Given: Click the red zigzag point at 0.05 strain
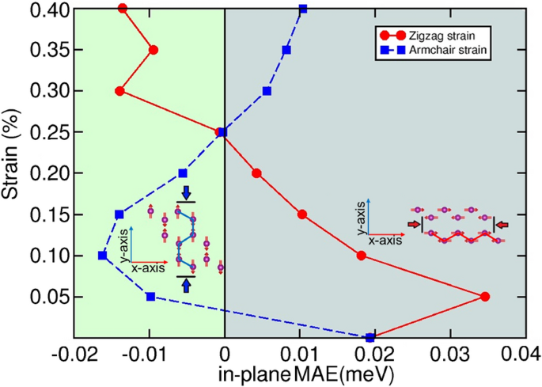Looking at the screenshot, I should [485, 297].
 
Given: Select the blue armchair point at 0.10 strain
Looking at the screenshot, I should [102, 255].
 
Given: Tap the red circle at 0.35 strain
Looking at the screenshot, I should [154, 50].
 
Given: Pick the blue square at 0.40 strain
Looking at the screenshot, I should [303, 9].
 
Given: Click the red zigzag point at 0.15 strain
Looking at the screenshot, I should [301, 214].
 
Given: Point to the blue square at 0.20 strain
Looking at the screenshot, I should [183, 173].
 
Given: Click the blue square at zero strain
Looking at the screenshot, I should [370, 338].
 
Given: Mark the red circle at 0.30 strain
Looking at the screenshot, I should [119, 91].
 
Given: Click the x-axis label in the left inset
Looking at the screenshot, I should [149, 269].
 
